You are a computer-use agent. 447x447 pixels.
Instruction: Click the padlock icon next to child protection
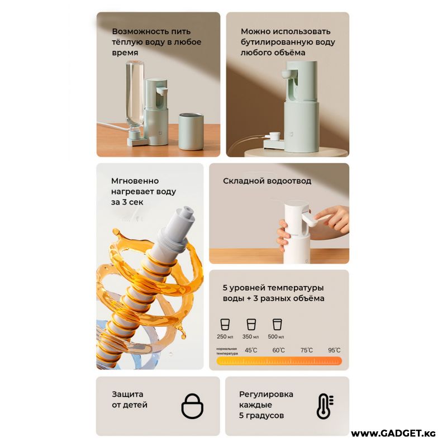[x=192, y=406]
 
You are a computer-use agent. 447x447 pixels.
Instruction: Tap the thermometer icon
[x=325, y=406]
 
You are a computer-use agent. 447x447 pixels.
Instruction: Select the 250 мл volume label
[x=225, y=337]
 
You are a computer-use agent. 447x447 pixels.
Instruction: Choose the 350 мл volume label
[x=250, y=337]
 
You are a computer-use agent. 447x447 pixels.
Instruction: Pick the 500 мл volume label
[x=276, y=337]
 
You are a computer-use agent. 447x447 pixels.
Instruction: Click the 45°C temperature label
[x=251, y=350]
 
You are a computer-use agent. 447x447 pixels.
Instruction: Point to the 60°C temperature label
[x=278, y=350]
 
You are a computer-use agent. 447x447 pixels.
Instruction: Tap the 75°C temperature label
[x=306, y=350]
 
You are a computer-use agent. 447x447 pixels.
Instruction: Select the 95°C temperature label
[x=334, y=350]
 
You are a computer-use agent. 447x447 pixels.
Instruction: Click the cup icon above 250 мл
[x=225, y=325]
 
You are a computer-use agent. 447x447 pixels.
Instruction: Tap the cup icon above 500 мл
[x=277, y=325]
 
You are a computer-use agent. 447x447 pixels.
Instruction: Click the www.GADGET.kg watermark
[x=393, y=434]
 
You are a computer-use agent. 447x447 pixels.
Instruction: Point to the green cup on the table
[x=191, y=131]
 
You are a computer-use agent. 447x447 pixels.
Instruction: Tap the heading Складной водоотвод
[x=267, y=181]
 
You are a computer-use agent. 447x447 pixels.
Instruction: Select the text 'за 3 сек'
[x=127, y=202]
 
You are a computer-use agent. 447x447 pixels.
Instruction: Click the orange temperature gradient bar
[x=279, y=361]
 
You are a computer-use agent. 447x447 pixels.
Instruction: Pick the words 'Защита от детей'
[x=130, y=400]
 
